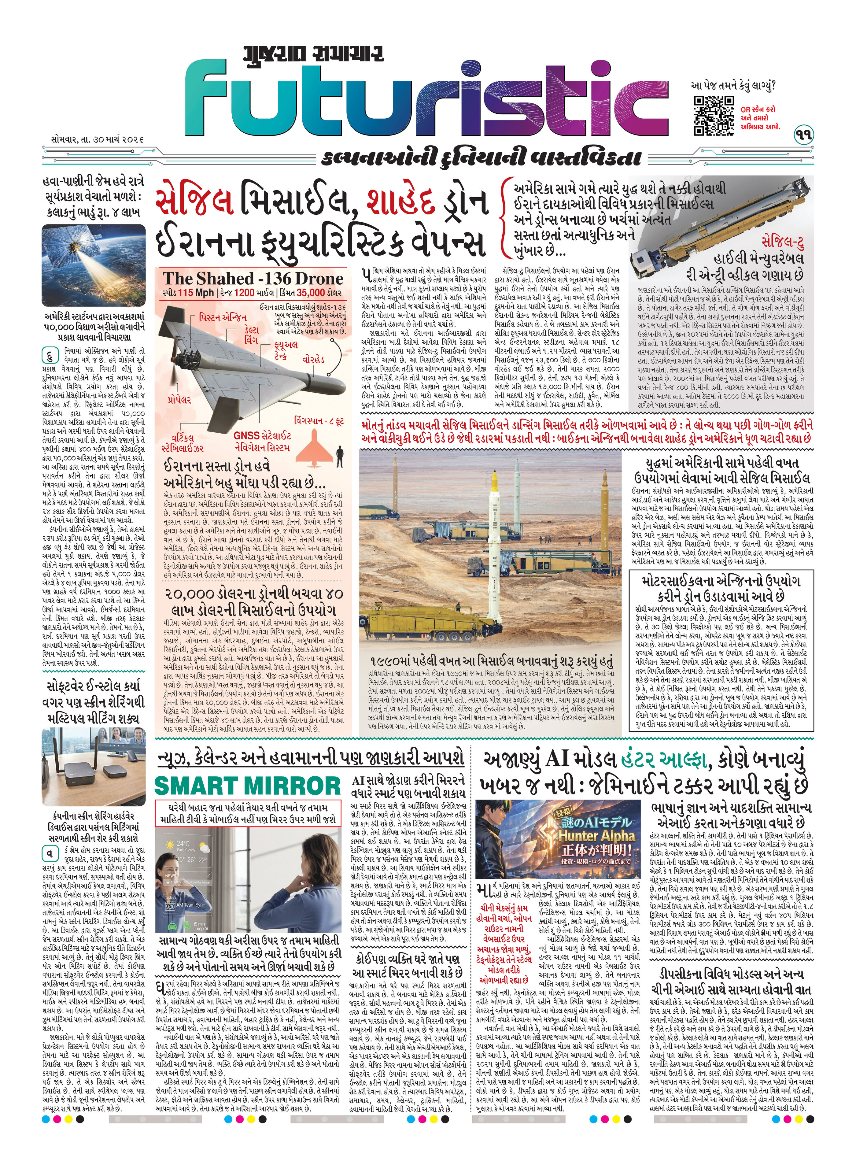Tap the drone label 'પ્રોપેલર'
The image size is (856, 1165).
tap(179, 400)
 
